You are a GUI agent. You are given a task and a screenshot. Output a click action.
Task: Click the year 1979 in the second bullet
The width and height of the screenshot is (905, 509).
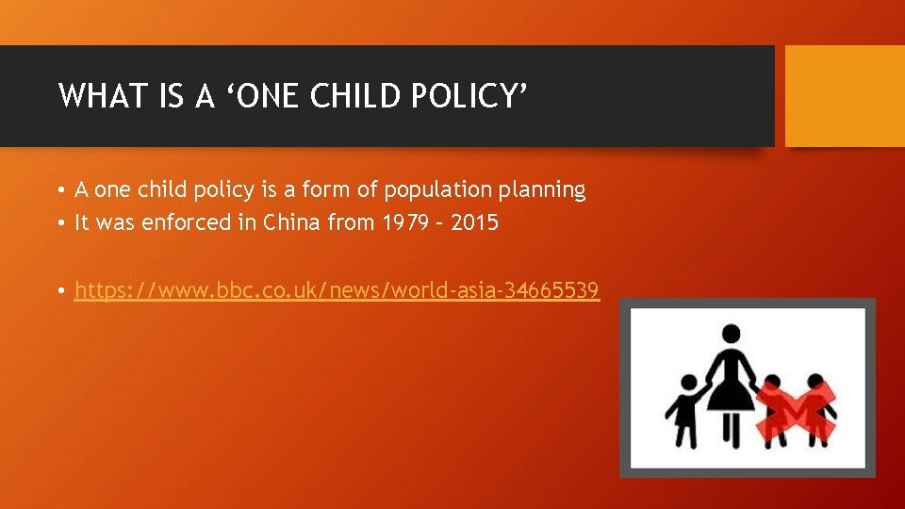(410, 223)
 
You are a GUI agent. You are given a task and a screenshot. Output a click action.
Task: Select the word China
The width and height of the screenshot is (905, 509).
(291, 223)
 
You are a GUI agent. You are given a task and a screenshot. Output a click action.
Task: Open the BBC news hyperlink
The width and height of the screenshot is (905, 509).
(337, 290)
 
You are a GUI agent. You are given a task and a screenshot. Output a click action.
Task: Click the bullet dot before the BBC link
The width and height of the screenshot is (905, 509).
(59, 291)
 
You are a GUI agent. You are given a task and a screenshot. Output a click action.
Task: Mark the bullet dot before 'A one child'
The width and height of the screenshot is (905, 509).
(59, 190)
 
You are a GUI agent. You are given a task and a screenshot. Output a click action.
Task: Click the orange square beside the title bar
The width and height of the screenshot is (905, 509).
(844, 95)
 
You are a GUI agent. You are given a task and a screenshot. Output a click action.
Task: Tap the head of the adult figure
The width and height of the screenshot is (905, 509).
(732, 334)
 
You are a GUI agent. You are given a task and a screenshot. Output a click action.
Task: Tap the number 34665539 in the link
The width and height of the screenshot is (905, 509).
(551, 290)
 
